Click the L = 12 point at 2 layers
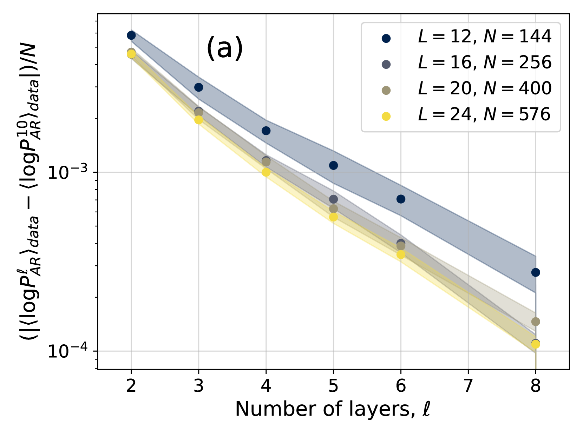pos(131,35)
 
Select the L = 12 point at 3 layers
pos(198,87)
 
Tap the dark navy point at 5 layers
pos(333,165)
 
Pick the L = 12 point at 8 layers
pos(536,272)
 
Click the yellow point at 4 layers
pos(266,172)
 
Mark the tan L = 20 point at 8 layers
pos(536,322)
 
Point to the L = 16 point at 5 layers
pos(333,199)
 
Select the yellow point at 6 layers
pos(401,254)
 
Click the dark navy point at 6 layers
pos(401,199)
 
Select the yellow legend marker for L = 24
pos(386,116)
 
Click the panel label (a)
pos(225,48)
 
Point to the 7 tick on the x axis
pos(468,386)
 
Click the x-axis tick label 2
pos(131,386)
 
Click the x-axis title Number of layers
pos(333,409)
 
